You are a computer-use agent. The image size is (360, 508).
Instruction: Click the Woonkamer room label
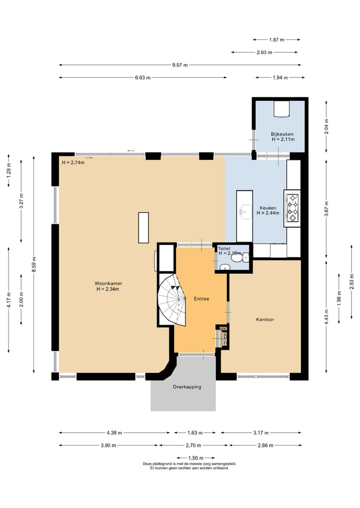pyautogui.click(x=108, y=284)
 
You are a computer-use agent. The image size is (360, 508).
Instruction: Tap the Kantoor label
pyautogui.click(x=265, y=320)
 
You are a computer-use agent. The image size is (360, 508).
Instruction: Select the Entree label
pyautogui.click(x=201, y=299)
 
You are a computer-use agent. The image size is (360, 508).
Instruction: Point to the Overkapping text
pyautogui.click(x=187, y=387)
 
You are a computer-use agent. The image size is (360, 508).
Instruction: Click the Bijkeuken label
pyautogui.click(x=282, y=134)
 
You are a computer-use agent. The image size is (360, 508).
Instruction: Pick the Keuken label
pyautogui.click(x=268, y=208)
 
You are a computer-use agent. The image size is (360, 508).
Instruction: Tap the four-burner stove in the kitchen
pyautogui.click(x=292, y=208)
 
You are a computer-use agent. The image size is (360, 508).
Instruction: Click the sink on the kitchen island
pyautogui.click(x=245, y=211)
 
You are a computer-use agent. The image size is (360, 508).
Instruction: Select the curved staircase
pyautogui.click(x=172, y=300)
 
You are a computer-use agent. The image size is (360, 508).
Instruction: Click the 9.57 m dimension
pyautogui.click(x=180, y=65)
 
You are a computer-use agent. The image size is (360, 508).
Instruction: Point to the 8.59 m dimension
pyautogui.click(x=34, y=264)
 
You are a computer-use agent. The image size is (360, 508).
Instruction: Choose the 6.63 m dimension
pyautogui.click(x=142, y=78)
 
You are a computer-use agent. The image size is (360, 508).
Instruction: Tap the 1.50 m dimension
pyautogui.click(x=196, y=458)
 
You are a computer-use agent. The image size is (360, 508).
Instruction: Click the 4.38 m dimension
pyautogui.click(x=114, y=433)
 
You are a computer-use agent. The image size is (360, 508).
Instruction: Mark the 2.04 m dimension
pyautogui.click(x=326, y=127)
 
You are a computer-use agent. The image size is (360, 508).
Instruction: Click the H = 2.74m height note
pyautogui.click(x=73, y=163)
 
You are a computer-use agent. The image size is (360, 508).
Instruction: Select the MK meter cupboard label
pyautogui.click(x=223, y=329)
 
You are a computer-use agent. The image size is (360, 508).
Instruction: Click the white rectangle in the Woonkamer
pyautogui.click(x=143, y=228)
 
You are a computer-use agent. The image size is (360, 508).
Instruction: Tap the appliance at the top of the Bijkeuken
pyautogui.click(x=281, y=109)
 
